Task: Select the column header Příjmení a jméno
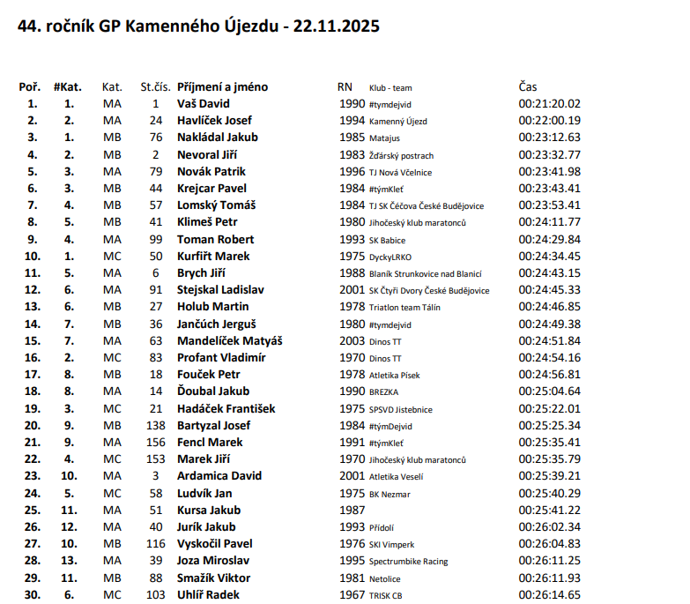[x=222, y=87]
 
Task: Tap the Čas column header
[x=528, y=87]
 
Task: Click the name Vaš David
[x=204, y=104]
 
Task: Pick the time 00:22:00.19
[x=549, y=121]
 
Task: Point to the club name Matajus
[x=384, y=138]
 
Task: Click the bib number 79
[x=156, y=172]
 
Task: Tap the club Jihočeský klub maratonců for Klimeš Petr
[x=417, y=223]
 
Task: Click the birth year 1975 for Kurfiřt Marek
[x=352, y=257]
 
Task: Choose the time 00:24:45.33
[x=549, y=290]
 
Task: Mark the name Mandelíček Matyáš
[x=225, y=341]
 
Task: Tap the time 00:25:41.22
[x=549, y=511]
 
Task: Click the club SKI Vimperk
[x=391, y=545]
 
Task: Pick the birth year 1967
[x=352, y=596]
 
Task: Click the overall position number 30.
[x=32, y=596]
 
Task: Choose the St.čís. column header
[x=155, y=87]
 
